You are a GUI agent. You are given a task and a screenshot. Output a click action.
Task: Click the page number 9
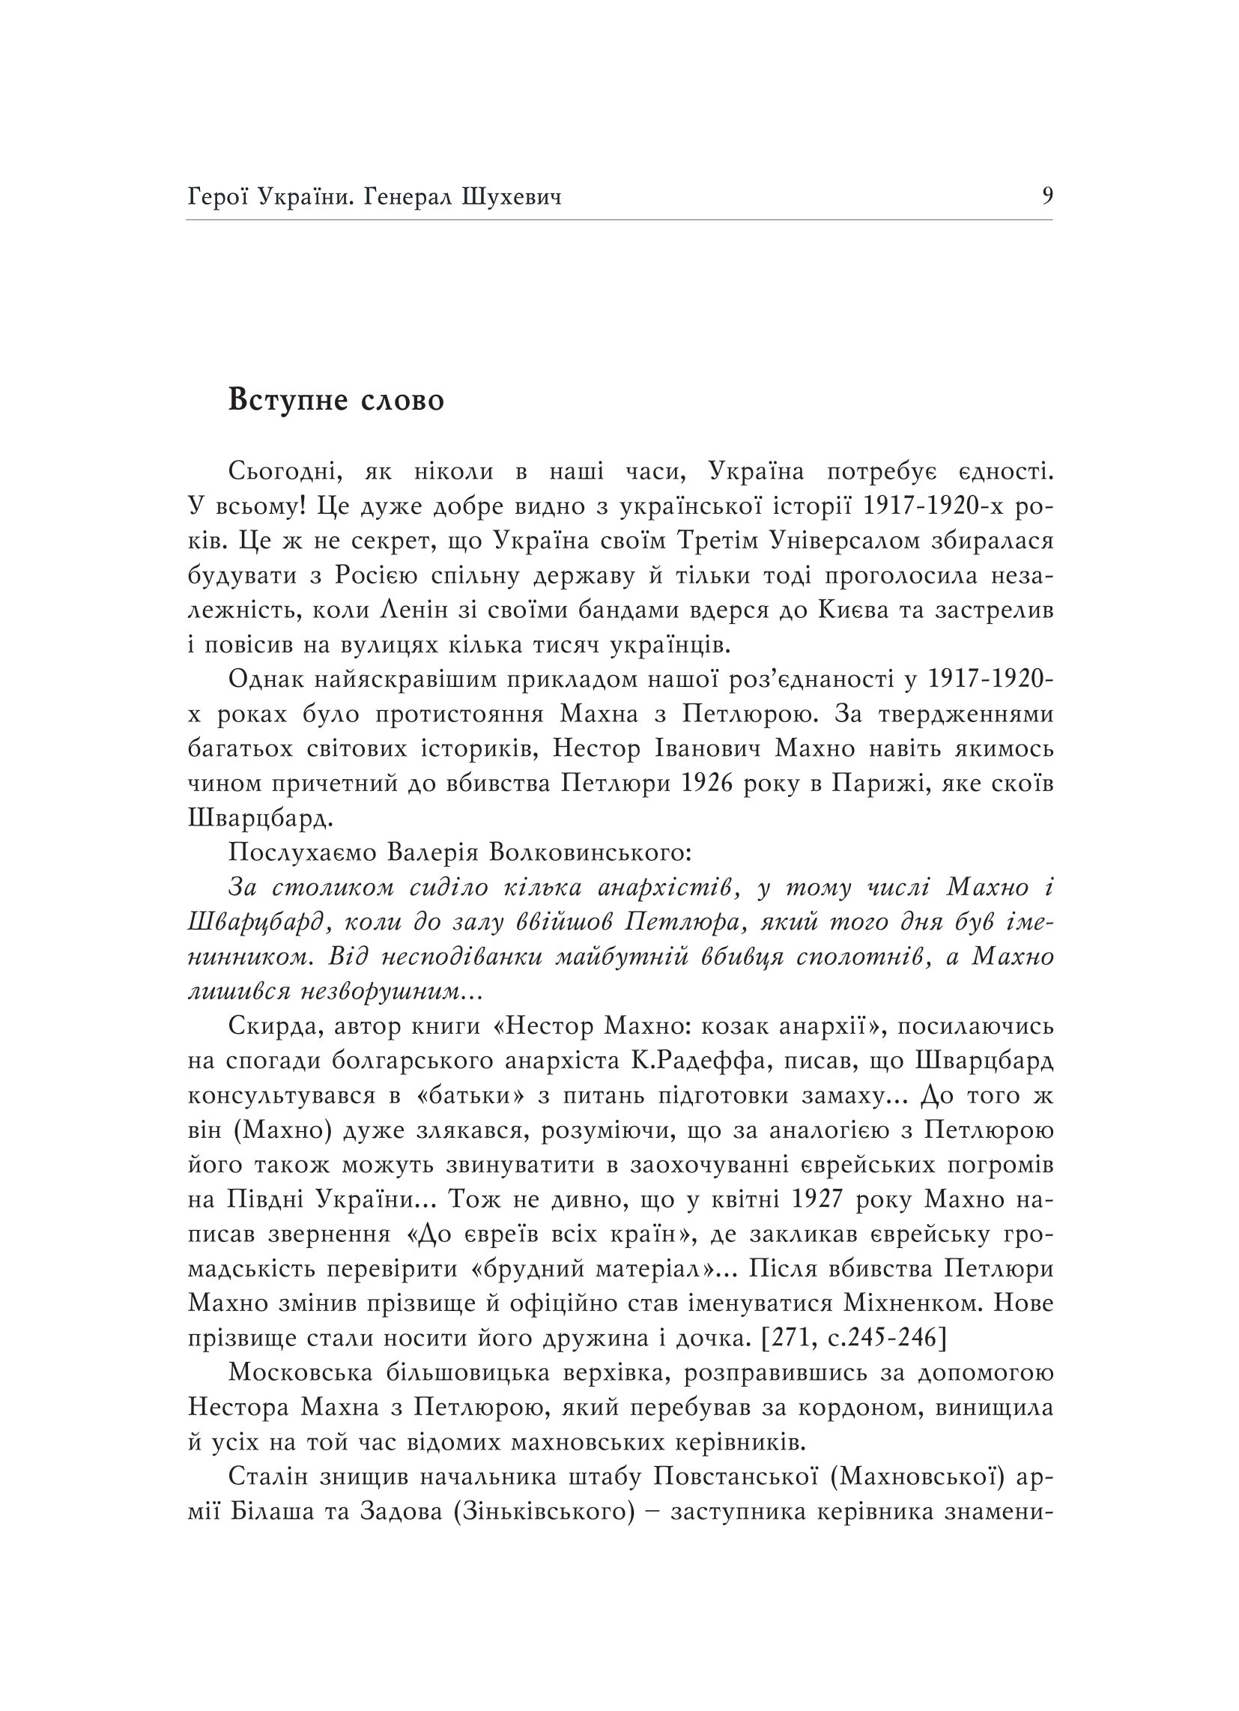[x=1046, y=196]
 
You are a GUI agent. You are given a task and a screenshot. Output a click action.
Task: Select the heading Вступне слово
[x=336, y=400]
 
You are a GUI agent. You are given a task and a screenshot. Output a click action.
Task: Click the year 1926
[x=708, y=784]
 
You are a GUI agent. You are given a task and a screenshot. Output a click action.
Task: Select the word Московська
[x=300, y=1374]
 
